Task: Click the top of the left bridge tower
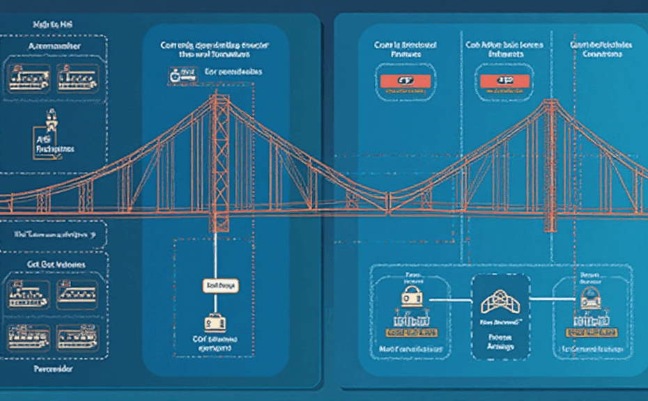(221, 97)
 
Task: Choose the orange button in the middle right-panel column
(502, 80)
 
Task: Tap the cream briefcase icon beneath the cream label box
(214, 322)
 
